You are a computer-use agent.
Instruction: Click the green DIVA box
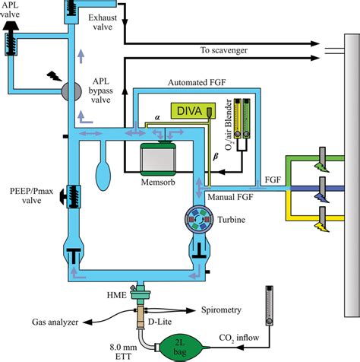coord(193,111)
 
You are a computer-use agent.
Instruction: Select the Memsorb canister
coord(158,159)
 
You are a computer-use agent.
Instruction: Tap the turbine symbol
coord(198,219)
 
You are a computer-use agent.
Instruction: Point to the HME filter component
coord(140,295)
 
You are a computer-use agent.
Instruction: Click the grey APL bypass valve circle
coord(71,91)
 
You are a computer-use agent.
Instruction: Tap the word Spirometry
coord(221,310)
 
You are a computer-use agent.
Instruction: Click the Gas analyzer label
coord(55,322)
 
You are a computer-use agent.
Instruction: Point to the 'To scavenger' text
coord(224,50)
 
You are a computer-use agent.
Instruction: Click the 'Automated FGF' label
coord(197,83)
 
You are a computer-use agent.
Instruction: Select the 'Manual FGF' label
coord(230,197)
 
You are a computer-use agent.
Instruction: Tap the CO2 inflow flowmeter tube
coord(269,306)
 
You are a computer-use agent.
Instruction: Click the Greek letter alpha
coord(157,117)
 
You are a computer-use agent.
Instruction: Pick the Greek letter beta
coord(216,157)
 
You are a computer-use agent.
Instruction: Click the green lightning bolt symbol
coord(321,167)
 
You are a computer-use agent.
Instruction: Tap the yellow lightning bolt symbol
coord(322,227)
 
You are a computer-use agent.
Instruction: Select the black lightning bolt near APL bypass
coord(55,76)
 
